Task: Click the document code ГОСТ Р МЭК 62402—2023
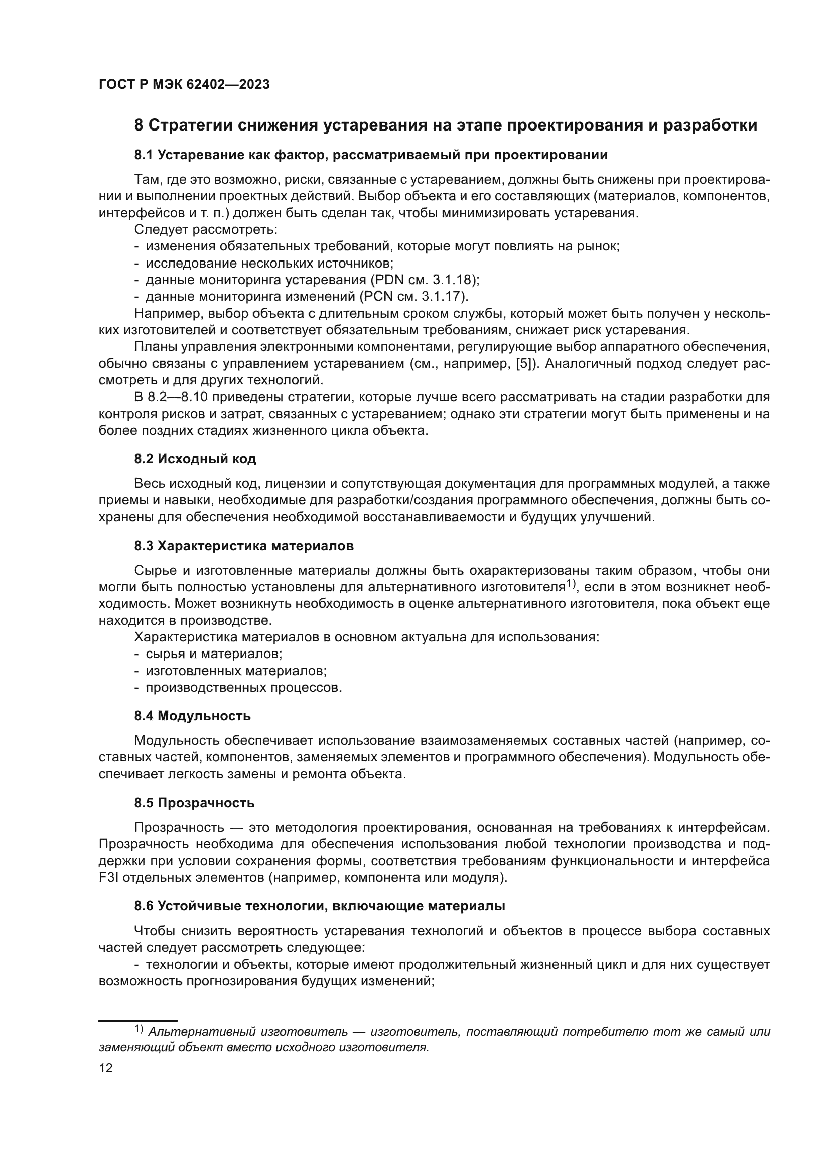point(184,85)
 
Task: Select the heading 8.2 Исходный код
point(195,459)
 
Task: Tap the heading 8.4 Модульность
point(192,716)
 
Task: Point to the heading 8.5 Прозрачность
point(194,803)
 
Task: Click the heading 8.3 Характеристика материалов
point(244,546)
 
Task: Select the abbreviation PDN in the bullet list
point(387,280)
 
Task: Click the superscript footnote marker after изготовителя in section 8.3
point(571,583)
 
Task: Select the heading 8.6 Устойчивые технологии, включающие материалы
point(320,906)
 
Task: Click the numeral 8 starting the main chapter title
point(139,126)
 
